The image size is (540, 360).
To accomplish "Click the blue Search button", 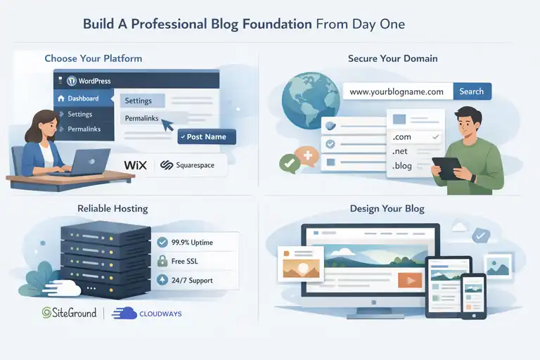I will tap(471, 91).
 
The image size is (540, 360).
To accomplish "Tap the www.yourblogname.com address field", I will tap(397, 91).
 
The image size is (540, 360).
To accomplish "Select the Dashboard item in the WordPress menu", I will tap(83, 98).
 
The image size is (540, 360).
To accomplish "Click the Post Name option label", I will tap(206, 136).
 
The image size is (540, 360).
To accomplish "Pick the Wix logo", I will tap(134, 165).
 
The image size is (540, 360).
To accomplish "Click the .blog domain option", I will tap(405, 167).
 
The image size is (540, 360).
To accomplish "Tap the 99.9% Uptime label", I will tap(192, 243).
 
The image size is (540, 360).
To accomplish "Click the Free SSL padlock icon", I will tap(162, 262).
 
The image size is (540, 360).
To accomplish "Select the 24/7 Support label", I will tap(192, 281).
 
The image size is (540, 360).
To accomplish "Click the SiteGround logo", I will tap(69, 313).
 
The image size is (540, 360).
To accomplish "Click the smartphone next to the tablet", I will tap(474, 295).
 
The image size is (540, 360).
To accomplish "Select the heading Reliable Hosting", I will tap(112, 209).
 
